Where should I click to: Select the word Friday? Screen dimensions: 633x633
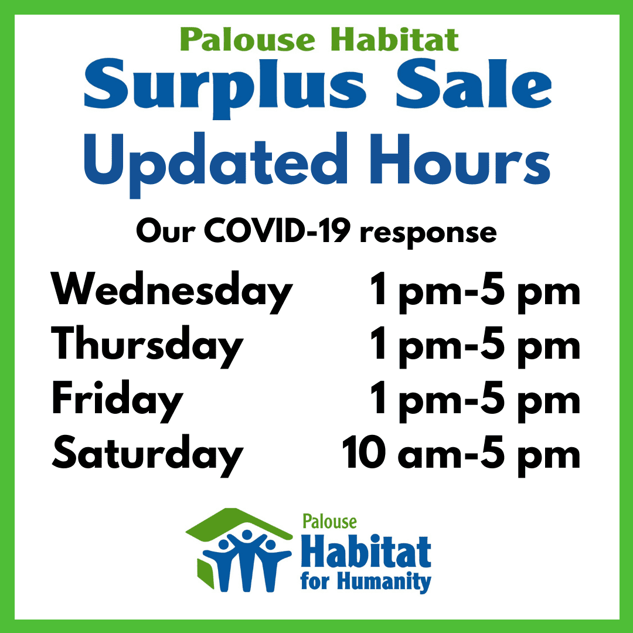(117, 401)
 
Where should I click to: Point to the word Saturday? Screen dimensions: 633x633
(147, 455)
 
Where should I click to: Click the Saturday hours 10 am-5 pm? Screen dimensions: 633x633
(461, 455)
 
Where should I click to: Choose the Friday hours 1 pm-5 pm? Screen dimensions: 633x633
(475, 401)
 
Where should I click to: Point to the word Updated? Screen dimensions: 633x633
(216, 165)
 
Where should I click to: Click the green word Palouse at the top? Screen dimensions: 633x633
(247, 40)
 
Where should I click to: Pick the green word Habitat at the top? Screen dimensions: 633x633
(394, 40)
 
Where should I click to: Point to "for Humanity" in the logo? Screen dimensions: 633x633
(366, 582)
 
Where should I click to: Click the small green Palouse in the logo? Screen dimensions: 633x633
(329, 522)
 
